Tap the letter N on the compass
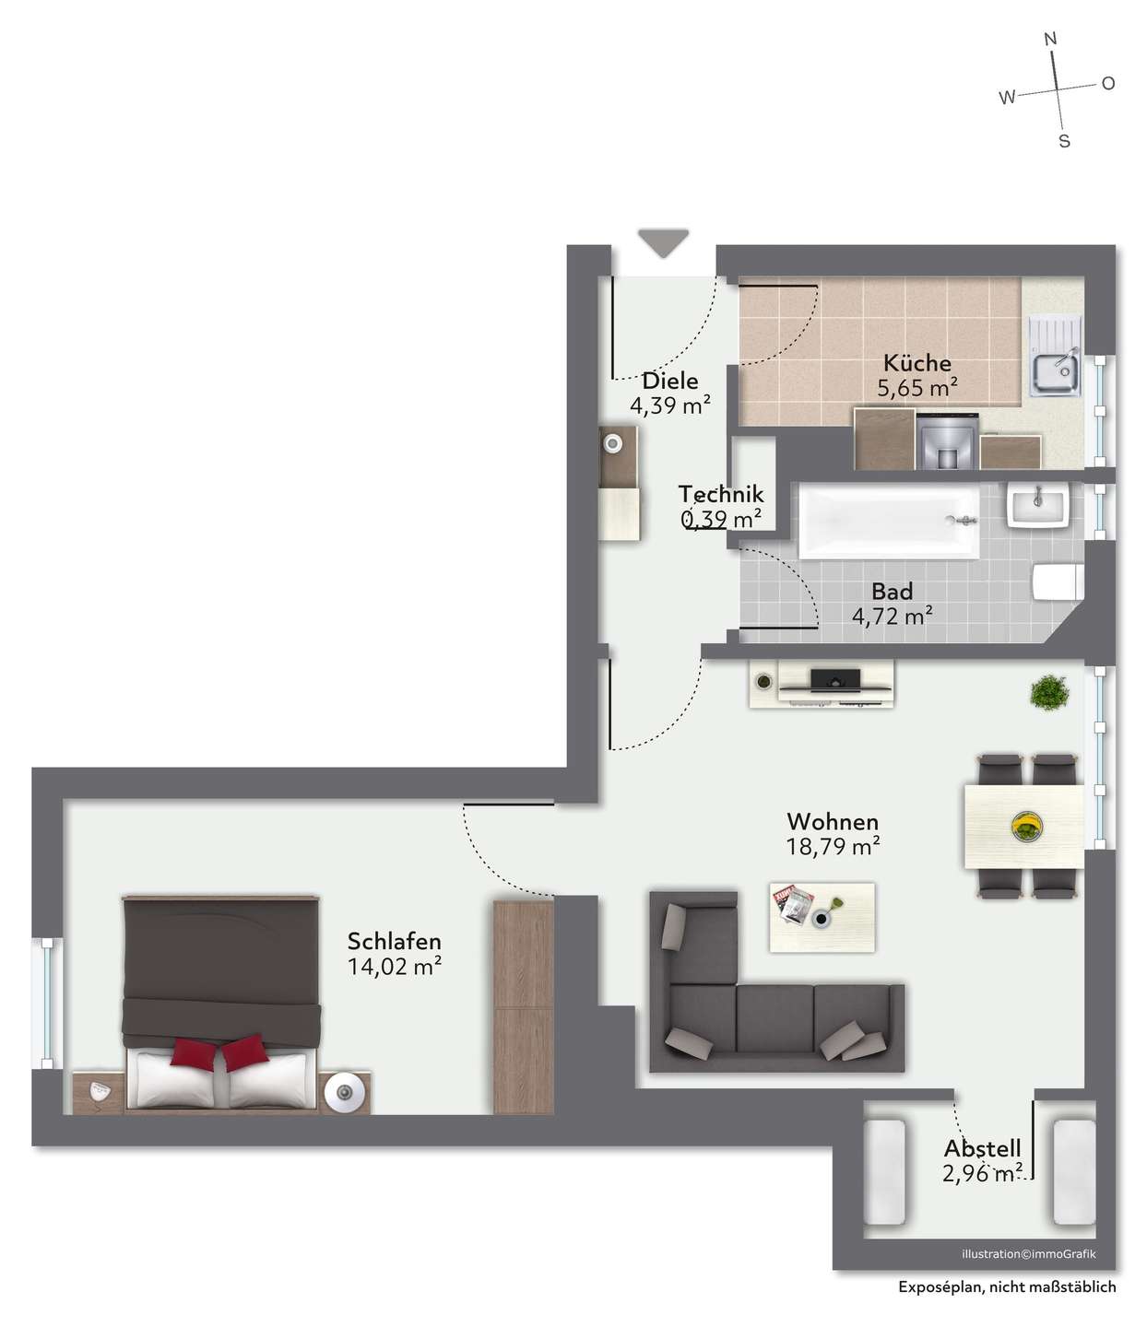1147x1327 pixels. [1050, 39]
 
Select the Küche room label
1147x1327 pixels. [916, 363]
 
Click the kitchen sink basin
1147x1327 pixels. [1056, 370]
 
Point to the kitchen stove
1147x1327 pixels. [947, 440]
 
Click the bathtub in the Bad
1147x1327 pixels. [888, 521]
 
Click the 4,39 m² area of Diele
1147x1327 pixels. [669, 405]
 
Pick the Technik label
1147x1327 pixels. [721, 494]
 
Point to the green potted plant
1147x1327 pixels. [1049, 692]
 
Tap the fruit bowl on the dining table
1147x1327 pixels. [1026, 827]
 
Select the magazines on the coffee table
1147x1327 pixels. [792, 905]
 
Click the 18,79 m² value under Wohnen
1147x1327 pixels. [833, 847]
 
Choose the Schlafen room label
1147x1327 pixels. [395, 941]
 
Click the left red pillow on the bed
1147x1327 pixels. [194, 1054]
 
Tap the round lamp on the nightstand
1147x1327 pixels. [345, 1092]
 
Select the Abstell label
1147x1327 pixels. [982, 1148]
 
